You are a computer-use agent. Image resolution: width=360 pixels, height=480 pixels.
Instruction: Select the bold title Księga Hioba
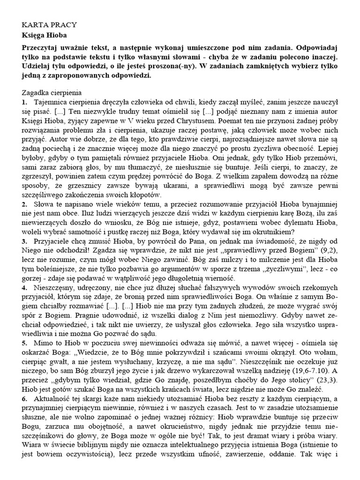click(x=45, y=35)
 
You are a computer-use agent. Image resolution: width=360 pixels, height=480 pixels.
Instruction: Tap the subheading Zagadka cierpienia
click(x=52, y=93)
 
